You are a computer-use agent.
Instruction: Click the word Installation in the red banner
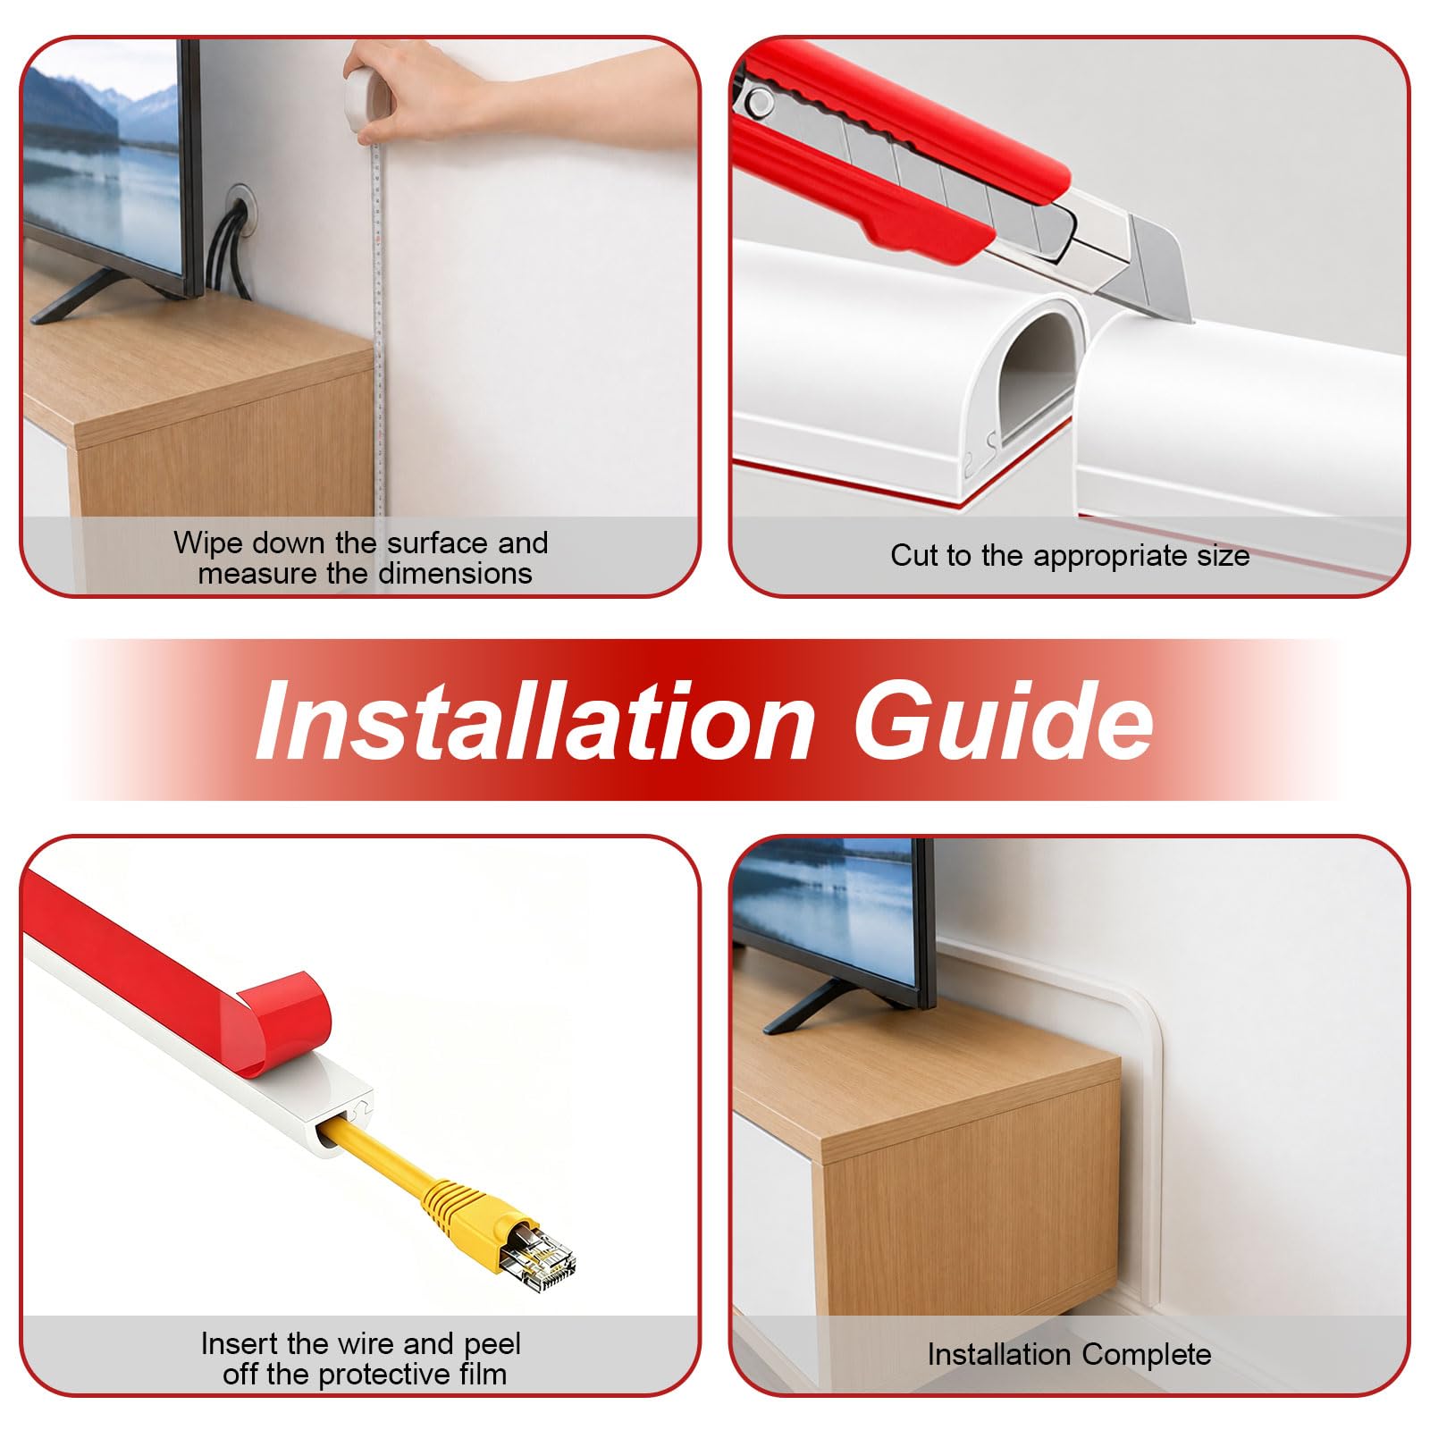coord(534,720)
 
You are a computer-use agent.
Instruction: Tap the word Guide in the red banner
coord(1003,720)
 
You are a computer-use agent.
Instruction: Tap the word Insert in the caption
coord(240,1343)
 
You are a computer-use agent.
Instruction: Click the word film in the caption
coord(484,1374)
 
